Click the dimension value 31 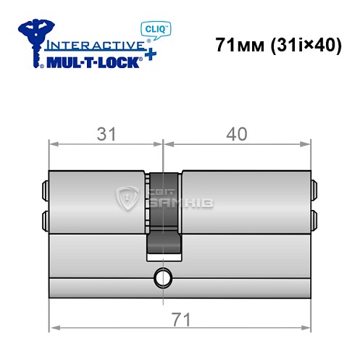click(x=106, y=134)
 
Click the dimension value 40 click(x=237, y=134)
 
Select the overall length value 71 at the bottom click(x=179, y=317)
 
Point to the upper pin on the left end click(x=45, y=190)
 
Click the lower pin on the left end click(x=45, y=219)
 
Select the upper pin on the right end click(x=314, y=190)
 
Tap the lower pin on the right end click(x=314, y=219)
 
